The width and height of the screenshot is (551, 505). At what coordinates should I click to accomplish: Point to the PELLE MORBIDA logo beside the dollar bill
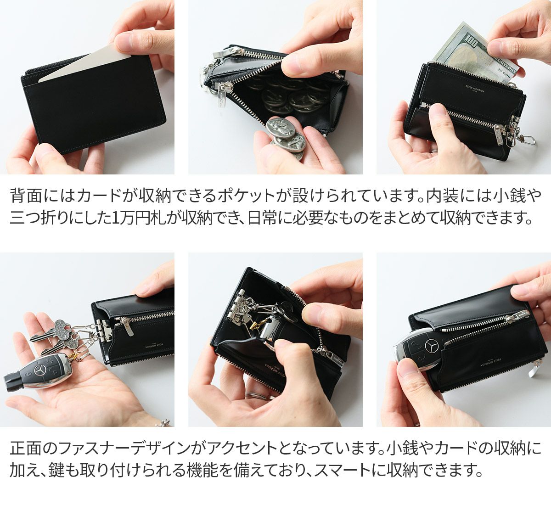click(x=469, y=87)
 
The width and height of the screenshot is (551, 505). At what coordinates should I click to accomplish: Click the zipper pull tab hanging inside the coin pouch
click(x=221, y=96)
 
